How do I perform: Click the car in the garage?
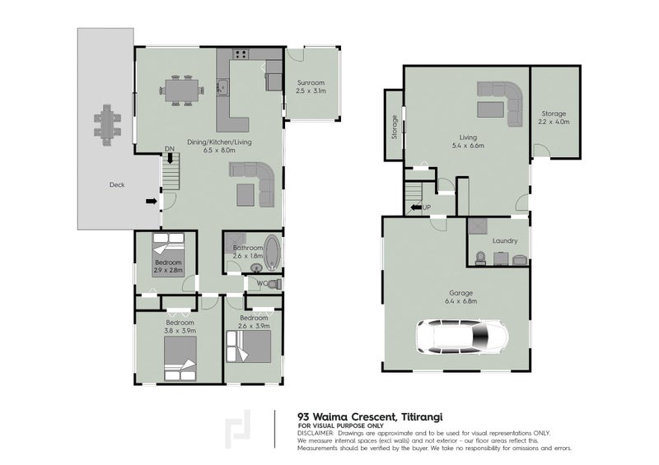[x=462, y=337]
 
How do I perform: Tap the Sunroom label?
[x=311, y=83]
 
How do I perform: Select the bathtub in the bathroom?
[x=273, y=252]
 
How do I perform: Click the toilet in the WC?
[x=275, y=284]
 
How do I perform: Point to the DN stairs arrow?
[x=170, y=157]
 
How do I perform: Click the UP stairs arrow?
[x=416, y=207]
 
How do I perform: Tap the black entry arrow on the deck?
[x=152, y=202]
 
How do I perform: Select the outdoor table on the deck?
[x=107, y=125]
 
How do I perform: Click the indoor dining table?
[x=181, y=91]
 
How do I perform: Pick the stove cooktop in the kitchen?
[x=241, y=53]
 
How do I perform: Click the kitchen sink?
[x=222, y=87]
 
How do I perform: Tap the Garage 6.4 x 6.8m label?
[x=461, y=297]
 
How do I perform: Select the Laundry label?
[x=505, y=240]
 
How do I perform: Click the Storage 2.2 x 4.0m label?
[x=554, y=118]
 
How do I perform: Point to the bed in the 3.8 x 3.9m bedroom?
[x=180, y=358]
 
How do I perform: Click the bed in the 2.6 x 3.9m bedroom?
[x=249, y=346]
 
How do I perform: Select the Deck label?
[x=117, y=184]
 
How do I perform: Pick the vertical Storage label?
[x=395, y=127]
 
